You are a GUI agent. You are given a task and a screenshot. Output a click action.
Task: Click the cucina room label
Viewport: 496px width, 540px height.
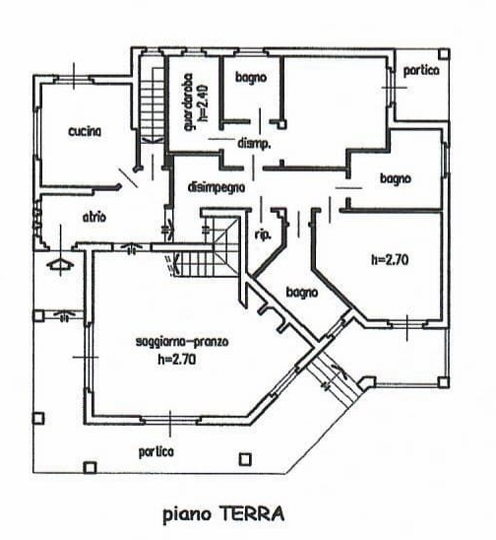tap(85, 132)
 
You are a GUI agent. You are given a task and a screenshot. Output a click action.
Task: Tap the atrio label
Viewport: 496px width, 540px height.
tap(94, 218)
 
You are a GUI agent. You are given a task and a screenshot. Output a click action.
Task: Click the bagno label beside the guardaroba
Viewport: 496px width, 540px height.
tap(251, 78)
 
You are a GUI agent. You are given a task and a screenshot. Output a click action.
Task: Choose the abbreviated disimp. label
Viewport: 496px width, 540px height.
tap(254, 144)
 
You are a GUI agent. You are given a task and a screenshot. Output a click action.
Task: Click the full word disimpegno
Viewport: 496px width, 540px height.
tap(217, 188)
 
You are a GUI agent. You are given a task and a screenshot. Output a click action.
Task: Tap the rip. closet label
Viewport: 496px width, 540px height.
tap(263, 236)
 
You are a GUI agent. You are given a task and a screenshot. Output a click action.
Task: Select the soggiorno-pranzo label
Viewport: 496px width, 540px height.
tap(182, 342)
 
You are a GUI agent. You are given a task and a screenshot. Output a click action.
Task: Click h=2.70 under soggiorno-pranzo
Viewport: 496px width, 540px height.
tap(177, 360)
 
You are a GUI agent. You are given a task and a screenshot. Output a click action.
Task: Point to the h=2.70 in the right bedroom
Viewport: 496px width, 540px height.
tap(390, 260)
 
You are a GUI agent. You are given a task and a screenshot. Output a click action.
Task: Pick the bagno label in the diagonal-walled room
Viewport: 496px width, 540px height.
tap(302, 293)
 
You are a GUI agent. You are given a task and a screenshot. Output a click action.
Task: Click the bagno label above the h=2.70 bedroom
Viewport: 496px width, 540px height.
tap(396, 178)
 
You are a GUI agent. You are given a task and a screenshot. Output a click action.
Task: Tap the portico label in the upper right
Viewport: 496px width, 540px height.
tap(421, 71)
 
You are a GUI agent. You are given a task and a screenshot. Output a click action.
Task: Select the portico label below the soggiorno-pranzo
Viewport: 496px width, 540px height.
tap(156, 451)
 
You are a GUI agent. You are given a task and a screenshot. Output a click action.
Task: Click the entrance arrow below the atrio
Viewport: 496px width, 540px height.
tap(61, 264)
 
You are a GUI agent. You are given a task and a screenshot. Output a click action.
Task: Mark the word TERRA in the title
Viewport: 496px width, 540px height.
tap(252, 514)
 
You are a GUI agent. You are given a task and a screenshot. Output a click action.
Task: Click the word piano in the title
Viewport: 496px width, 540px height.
tap(187, 515)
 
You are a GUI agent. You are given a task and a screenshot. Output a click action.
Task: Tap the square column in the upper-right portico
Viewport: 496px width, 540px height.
tap(444, 54)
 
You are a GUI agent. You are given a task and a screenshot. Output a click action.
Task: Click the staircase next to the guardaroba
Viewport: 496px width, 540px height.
tap(153, 103)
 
